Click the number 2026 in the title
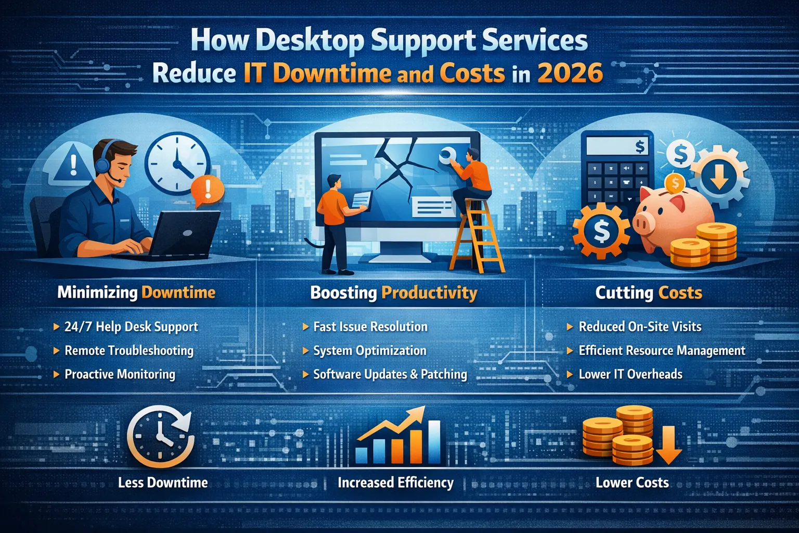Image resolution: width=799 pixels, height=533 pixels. tap(570, 73)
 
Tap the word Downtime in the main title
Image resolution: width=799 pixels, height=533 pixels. tap(331, 73)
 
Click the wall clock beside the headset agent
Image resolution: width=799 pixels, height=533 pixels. tap(177, 163)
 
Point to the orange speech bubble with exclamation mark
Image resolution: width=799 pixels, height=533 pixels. tap(207, 190)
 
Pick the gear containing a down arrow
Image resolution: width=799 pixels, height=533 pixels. tap(719, 175)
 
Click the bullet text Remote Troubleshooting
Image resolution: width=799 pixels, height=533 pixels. tap(128, 351)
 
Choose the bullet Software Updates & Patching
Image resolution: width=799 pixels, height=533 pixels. tap(390, 374)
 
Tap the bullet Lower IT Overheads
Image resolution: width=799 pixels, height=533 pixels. tap(630, 374)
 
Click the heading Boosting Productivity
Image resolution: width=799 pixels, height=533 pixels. tap(393, 293)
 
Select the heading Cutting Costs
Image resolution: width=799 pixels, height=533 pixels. tap(648, 293)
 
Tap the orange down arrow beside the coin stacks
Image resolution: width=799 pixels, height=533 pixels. tap(668, 446)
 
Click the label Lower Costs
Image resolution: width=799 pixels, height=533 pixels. tap(632, 483)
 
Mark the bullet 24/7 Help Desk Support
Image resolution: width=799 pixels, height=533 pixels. tap(131, 327)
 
